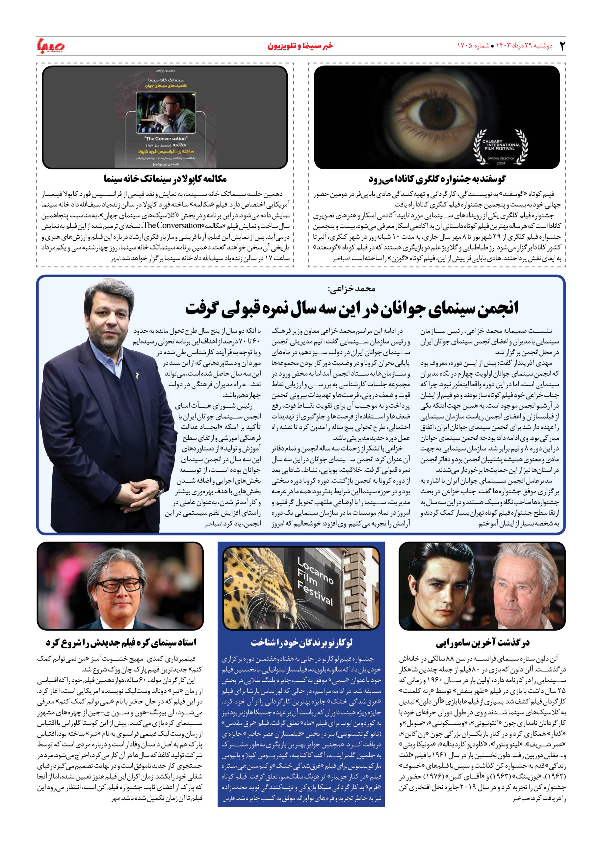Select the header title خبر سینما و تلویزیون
(x=301, y=46)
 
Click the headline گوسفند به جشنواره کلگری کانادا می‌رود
(x=437, y=179)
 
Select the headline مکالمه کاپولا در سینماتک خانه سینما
(x=165, y=179)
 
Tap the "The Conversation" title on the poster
(x=165, y=138)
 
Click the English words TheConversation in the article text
(x=172, y=225)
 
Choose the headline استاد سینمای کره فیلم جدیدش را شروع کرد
(x=121, y=642)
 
